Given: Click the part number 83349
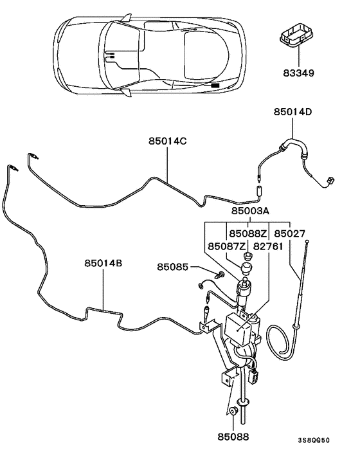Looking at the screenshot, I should (300, 74).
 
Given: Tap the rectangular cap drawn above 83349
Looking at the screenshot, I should (298, 36).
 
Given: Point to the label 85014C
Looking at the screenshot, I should (168, 141).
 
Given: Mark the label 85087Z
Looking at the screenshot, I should (226, 246).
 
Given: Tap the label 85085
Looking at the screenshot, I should (173, 267).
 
